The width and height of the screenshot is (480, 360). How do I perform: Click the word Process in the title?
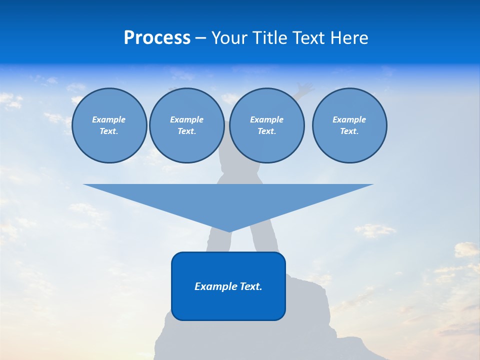[157, 38]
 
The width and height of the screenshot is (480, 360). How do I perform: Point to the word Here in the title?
[350, 38]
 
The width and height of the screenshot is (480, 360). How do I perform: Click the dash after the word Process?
[200, 39]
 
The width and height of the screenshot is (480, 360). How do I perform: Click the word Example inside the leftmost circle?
[109, 119]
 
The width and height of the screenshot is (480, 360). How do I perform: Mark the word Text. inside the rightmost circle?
[349, 131]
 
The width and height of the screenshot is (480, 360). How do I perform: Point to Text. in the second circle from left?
[186, 131]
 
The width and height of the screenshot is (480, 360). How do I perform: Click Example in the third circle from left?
[266, 119]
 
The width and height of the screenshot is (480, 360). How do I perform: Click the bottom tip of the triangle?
[228, 230]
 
